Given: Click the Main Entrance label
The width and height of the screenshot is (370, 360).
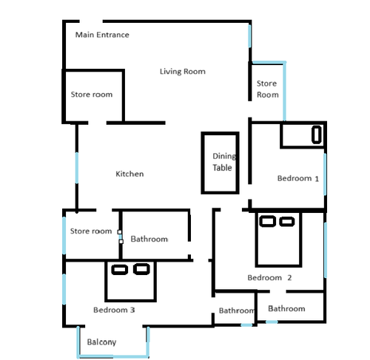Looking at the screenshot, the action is click(x=102, y=35).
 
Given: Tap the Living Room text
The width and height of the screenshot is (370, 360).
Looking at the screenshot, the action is click(x=183, y=72).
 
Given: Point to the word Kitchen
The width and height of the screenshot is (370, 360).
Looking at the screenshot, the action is click(x=129, y=174).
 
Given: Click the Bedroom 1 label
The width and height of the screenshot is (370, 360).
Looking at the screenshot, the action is click(x=298, y=178).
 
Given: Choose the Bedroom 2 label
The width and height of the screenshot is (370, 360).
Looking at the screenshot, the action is click(x=269, y=278).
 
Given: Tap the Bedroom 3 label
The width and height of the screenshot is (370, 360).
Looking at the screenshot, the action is click(x=114, y=310).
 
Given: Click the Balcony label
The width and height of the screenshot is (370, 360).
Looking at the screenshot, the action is click(x=101, y=342).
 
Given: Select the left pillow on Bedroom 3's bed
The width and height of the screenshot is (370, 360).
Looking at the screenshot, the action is click(x=119, y=270).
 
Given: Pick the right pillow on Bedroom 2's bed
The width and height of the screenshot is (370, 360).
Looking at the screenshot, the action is click(x=286, y=221).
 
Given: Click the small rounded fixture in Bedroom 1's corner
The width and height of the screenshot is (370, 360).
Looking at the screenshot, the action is click(x=317, y=135).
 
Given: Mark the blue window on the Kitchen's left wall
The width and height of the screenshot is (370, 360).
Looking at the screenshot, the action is click(x=77, y=168).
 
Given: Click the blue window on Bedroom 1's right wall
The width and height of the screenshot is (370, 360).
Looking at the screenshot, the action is click(x=325, y=174).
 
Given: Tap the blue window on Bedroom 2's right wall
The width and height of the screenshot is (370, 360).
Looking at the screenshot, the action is click(x=326, y=250).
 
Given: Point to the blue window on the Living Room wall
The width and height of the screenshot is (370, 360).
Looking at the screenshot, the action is click(x=249, y=36).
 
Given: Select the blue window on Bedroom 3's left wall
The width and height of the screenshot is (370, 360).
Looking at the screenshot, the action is click(x=64, y=289).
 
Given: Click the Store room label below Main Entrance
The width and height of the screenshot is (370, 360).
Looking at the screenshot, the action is click(x=92, y=95).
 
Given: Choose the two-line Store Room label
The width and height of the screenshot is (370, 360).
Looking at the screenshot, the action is click(x=267, y=89).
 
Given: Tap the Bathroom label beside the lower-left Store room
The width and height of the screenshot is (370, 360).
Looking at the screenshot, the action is click(x=149, y=239).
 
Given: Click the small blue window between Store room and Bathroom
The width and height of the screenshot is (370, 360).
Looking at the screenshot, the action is click(x=121, y=237).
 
